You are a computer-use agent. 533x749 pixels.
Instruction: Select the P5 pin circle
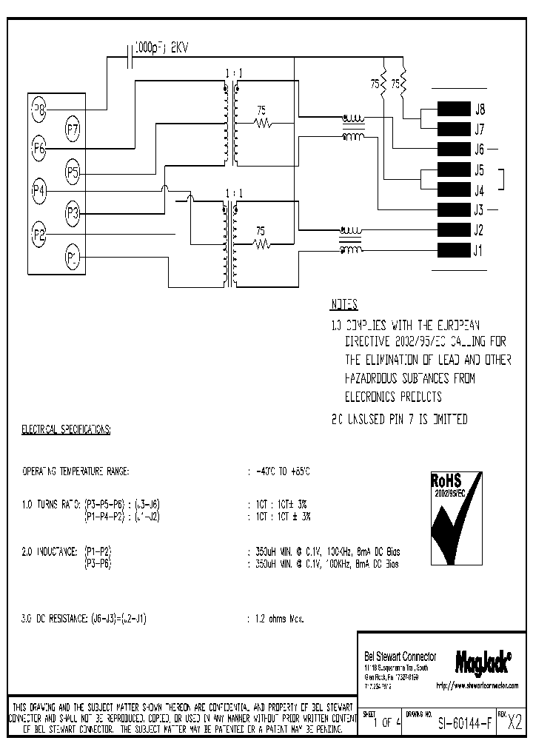pyautogui.click(x=73, y=172)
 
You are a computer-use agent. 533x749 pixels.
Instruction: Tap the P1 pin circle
pyautogui.click(x=72, y=258)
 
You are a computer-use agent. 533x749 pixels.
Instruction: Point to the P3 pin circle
pyautogui.click(x=73, y=214)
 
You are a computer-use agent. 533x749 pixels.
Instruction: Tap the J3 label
pyautogui.click(x=479, y=209)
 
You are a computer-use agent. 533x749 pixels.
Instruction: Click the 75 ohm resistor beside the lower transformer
pyautogui.click(x=261, y=243)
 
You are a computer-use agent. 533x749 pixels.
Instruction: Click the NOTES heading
pyautogui.click(x=343, y=305)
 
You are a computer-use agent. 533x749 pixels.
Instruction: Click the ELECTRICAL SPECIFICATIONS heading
pyautogui.click(x=66, y=429)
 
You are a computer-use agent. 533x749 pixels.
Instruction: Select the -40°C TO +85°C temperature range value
pyautogui.click(x=282, y=471)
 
